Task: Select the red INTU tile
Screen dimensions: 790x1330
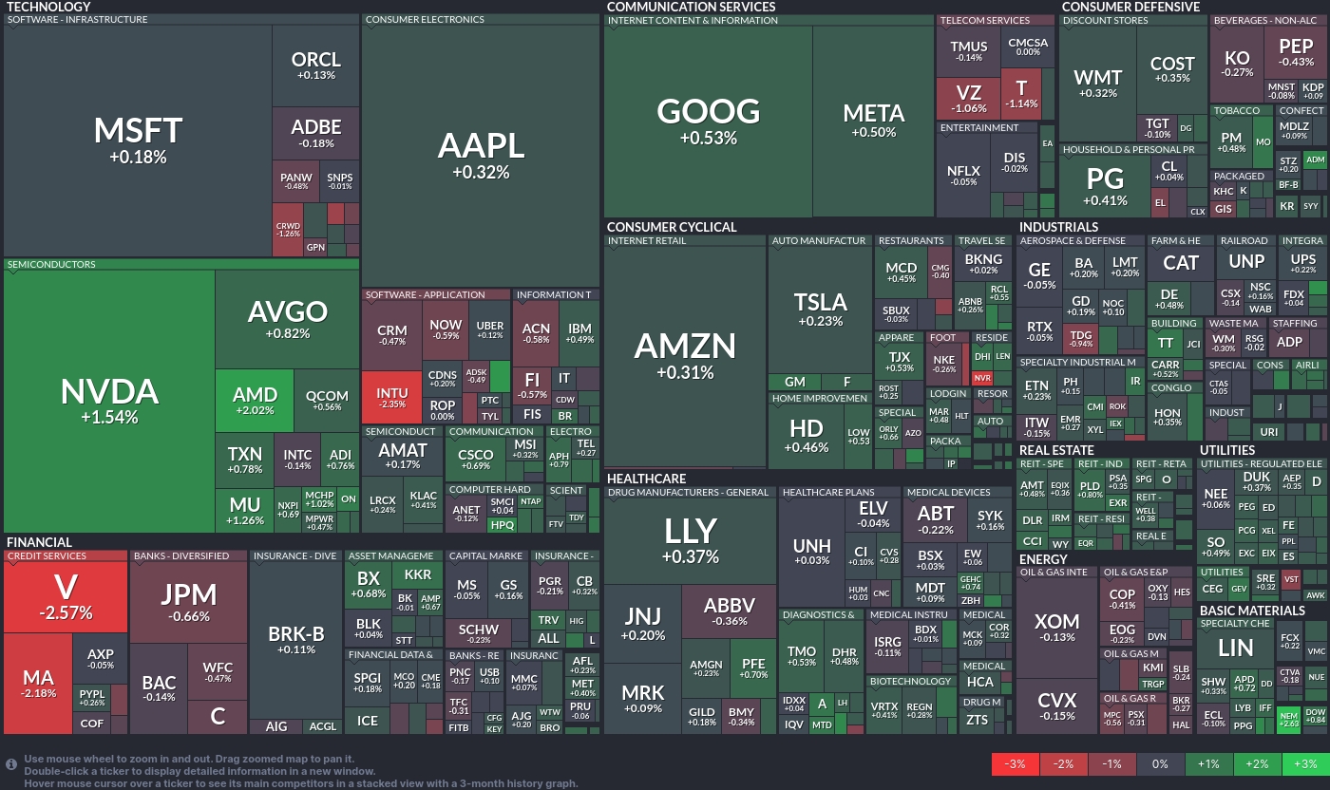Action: tap(391, 397)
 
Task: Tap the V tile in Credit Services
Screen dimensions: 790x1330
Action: tap(65, 596)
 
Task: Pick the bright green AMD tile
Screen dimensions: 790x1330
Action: tap(255, 401)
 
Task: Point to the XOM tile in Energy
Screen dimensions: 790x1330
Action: tap(1056, 627)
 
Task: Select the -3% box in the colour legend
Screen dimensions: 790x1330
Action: tap(1015, 763)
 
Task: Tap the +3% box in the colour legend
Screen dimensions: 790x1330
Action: tap(1304, 763)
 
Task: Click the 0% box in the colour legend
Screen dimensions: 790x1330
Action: tap(1160, 763)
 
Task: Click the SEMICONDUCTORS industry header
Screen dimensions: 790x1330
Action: tap(52, 265)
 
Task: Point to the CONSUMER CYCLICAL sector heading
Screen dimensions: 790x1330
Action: tap(671, 227)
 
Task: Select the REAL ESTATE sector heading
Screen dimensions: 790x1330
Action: tap(1056, 450)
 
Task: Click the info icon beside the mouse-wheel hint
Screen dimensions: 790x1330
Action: tap(11, 763)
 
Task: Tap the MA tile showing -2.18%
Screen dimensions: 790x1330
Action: tap(38, 684)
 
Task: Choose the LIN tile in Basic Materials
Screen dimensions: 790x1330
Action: tap(1235, 649)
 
